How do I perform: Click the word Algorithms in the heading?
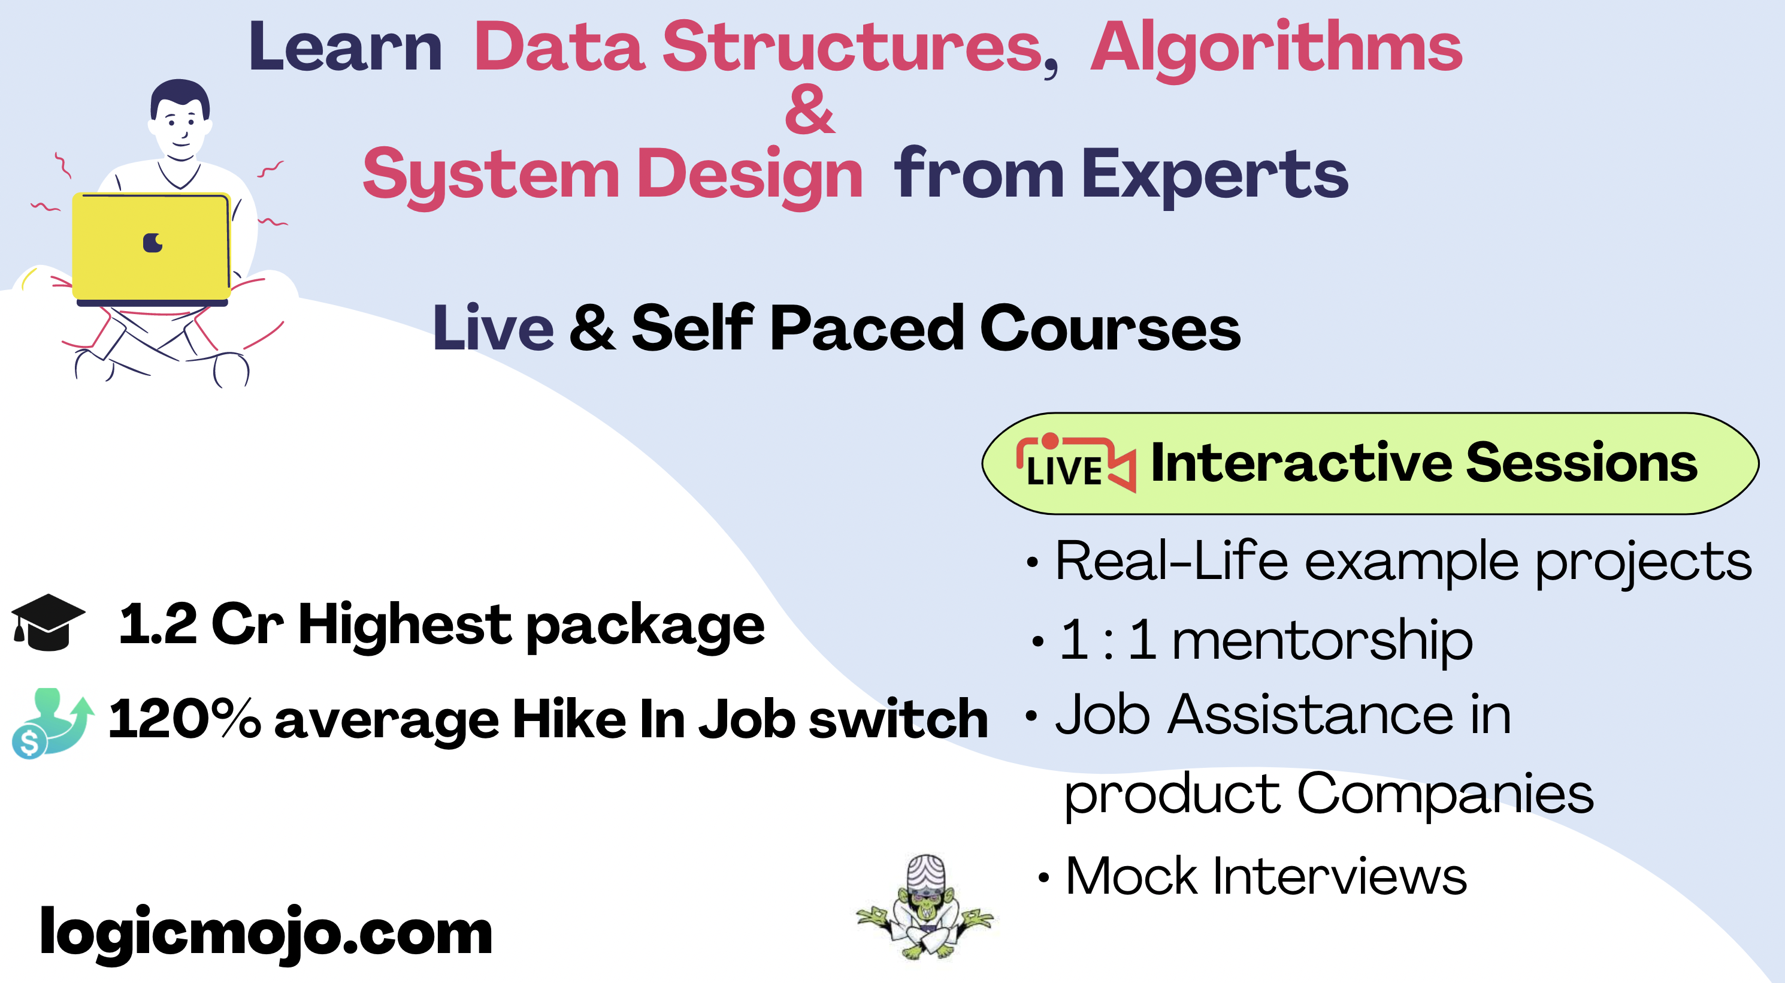point(1276,50)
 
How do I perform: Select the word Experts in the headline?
point(1215,176)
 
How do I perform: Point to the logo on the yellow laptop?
point(153,243)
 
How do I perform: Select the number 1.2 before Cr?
point(158,624)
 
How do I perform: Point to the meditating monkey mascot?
point(925,907)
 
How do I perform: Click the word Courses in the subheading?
point(1110,328)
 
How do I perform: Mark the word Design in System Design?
point(751,176)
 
